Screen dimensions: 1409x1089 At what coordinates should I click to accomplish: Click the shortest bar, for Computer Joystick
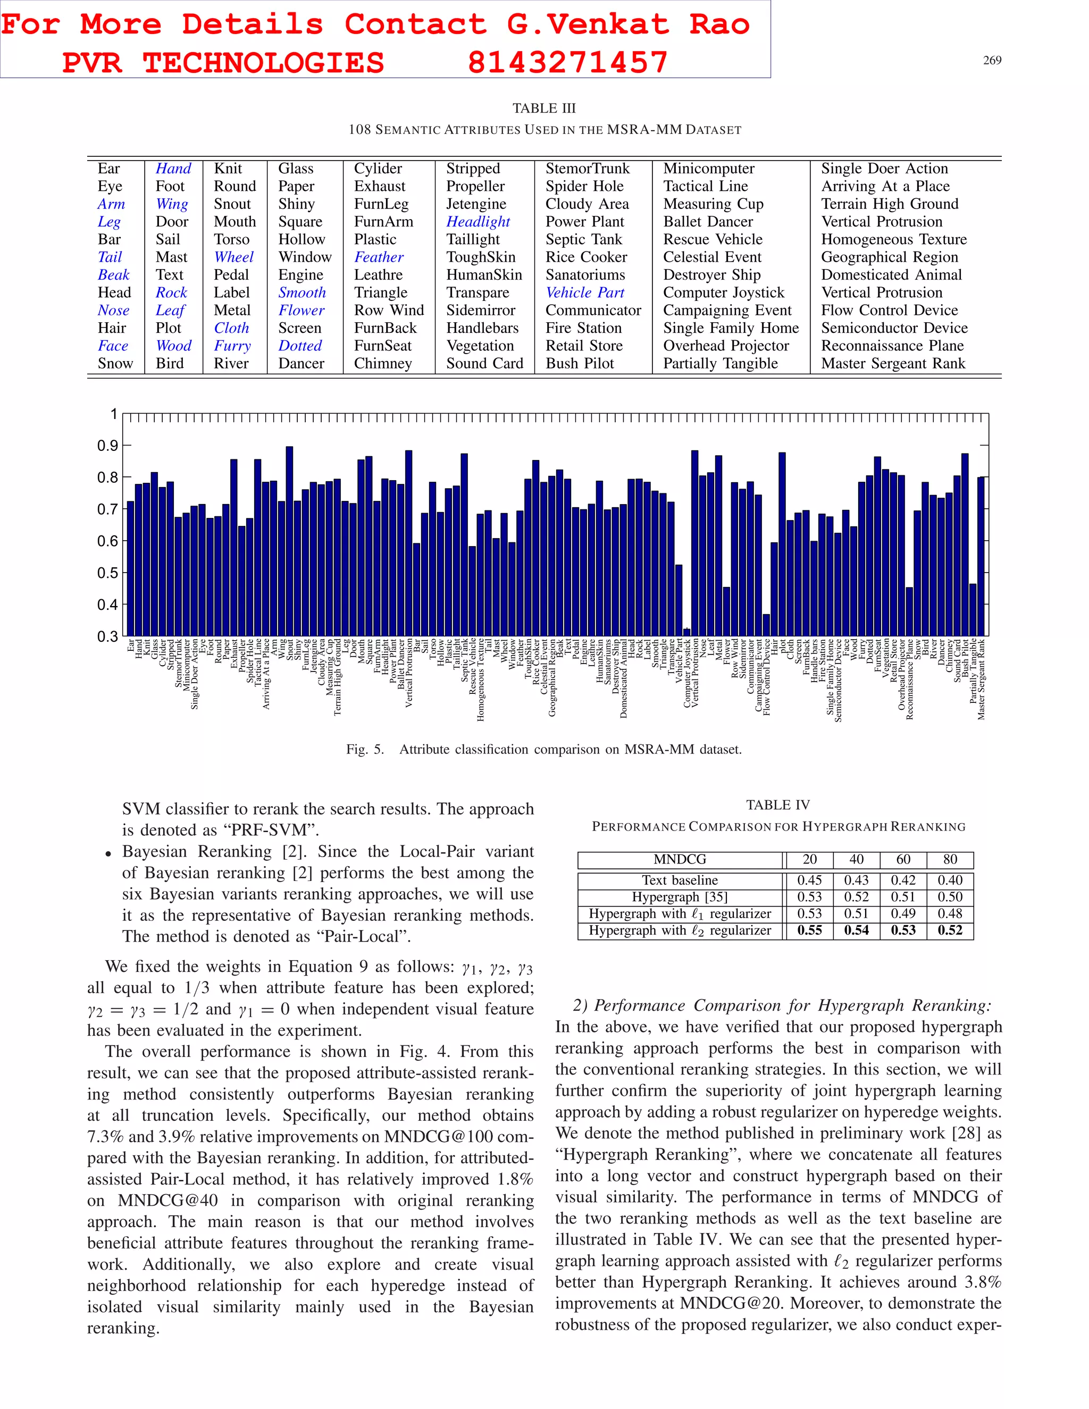click(686, 632)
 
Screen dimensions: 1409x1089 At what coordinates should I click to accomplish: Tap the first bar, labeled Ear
click(130, 568)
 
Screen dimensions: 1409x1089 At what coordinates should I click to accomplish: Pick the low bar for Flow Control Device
click(766, 625)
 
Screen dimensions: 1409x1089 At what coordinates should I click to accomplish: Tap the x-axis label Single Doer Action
click(195, 674)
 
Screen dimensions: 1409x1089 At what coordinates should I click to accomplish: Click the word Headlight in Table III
click(478, 221)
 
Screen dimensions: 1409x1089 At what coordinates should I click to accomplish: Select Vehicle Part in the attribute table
click(584, 292)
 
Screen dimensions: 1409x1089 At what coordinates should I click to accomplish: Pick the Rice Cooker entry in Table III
click(586, 257)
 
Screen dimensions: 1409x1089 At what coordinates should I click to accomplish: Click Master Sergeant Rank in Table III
click(893, 363)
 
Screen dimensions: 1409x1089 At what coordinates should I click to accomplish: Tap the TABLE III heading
click(544, 108)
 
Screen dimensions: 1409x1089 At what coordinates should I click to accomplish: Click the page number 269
click(992, 61)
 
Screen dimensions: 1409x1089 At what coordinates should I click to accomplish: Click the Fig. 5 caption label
click(364, 749)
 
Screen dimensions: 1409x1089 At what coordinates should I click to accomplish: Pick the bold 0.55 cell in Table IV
click(809, 930)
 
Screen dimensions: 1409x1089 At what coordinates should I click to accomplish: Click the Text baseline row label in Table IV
click(680, 880)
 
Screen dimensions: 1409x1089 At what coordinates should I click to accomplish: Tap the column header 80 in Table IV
click(950, 859)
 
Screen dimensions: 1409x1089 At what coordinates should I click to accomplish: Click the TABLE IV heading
click(777, 804)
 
